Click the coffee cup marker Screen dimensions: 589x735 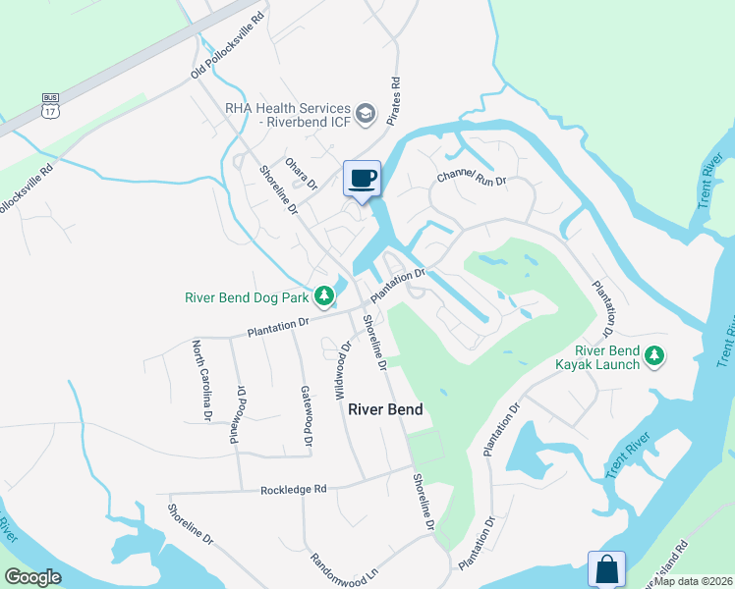(x=362, y=179)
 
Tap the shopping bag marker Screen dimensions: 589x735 (x=606, y=568)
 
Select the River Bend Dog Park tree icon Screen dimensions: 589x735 (x=323, y=296)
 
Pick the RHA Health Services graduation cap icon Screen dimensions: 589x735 (x=366, y=115)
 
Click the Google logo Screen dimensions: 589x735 (x=33, y=577)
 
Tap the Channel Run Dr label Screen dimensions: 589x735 (x=471, y=178)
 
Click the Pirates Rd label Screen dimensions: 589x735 (x=394, y=96)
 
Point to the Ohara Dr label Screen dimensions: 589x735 (x=302, y=173)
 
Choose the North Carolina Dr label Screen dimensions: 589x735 (x=202, y=381)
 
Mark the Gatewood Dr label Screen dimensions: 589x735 (x=307, y=416)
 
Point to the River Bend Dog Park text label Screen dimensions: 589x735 (x=248, y=296)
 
